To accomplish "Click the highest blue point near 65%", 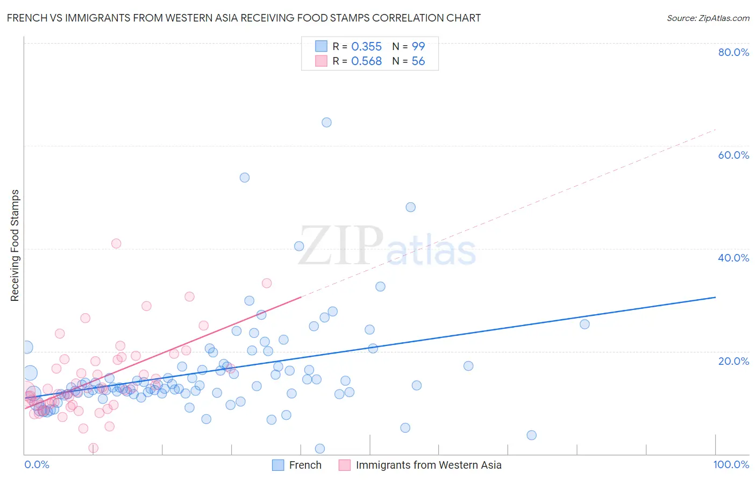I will tap(326, 122).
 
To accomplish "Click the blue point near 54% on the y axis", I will tap(245, 178).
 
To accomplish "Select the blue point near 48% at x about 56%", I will tap(411, 207).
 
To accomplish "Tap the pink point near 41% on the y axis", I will tap(116, 243).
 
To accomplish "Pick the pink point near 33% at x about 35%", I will tap(267, 283).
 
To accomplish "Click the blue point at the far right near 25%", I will tap(585, 324).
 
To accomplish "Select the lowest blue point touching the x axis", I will tap(320, 448).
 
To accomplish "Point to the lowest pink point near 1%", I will tap(94, 448).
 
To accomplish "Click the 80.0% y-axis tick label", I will tap(733, 52).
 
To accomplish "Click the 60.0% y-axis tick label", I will tap(733, 155).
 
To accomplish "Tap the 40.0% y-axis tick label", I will tap(733, 258).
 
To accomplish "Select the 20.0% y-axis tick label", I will tap(733, 361).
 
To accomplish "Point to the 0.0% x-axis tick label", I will tap(37, 464).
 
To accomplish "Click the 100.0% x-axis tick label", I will tap(731, 464).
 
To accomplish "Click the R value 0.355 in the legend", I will tap(366, 47).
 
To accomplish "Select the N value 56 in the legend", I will tap(418, 61).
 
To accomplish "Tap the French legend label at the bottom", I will tap(305, 465).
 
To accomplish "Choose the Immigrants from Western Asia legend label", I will tap(429, 465).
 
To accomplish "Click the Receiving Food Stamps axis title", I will tap(15, 245).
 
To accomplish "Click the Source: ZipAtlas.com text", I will tap(708, 18).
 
